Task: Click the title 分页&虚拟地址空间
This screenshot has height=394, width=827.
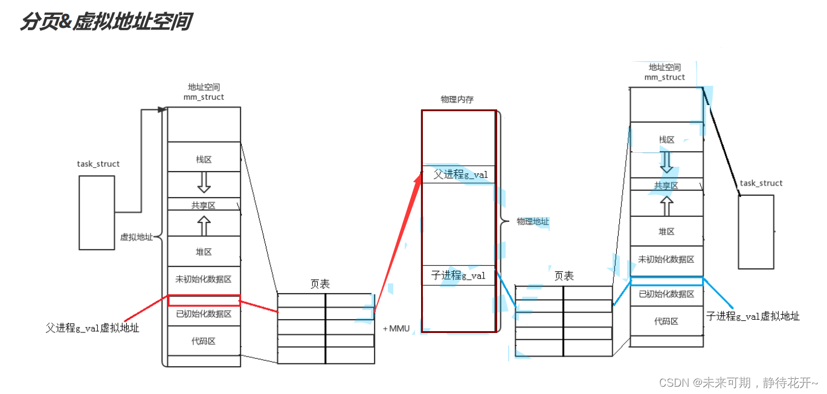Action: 106,22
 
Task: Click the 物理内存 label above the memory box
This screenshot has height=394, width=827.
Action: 457,99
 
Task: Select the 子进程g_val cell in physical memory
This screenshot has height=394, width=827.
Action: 459,276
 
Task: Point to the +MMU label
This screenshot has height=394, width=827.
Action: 396,329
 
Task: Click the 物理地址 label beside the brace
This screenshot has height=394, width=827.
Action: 533,222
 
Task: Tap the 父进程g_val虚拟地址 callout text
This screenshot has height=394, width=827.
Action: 92,328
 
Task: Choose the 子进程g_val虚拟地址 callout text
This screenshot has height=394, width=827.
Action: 753,316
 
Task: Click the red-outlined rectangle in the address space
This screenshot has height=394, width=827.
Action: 204,300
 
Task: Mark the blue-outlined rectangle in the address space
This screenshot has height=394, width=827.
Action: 666,281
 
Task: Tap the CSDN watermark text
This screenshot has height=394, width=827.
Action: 738,383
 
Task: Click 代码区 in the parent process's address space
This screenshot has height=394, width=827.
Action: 204,341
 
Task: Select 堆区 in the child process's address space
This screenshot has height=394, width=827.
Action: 666,231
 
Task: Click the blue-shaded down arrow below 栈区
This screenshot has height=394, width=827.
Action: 666,161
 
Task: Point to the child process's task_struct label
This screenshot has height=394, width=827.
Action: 761,183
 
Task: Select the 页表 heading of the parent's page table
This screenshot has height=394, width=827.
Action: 320,284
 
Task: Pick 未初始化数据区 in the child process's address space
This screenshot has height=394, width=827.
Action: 666,259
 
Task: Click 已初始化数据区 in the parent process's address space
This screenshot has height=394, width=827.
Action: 204,314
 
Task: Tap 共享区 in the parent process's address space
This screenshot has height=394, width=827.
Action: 204,205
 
